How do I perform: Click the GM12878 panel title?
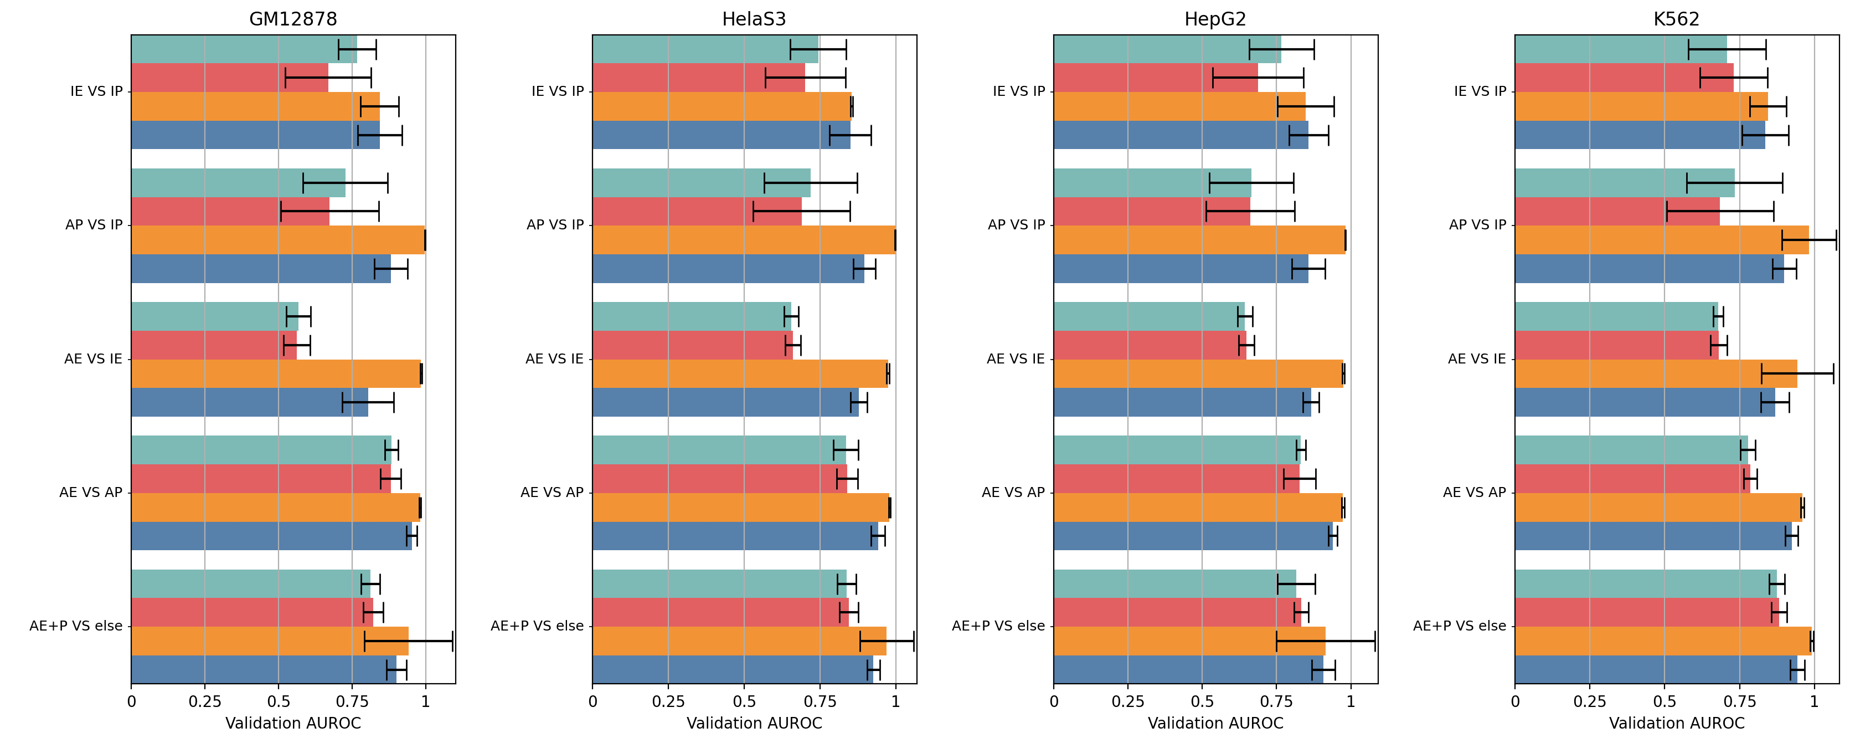(293, 19)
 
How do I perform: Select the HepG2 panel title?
(1215, 19)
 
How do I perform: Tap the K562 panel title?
(1676, 19)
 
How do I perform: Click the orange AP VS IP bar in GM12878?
(278, 240)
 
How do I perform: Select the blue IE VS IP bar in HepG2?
(1181, 135)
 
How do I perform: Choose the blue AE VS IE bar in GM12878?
(249, 402)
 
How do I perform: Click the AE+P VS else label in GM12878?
(76, 626)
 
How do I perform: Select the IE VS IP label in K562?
(1480, 91)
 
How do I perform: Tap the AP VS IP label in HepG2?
(1016, 225)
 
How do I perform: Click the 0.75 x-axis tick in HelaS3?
(820, 702)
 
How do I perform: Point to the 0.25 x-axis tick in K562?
(1589, 702)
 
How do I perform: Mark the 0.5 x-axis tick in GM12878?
(278, 702)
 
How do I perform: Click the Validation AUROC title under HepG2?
(1215, 723)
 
